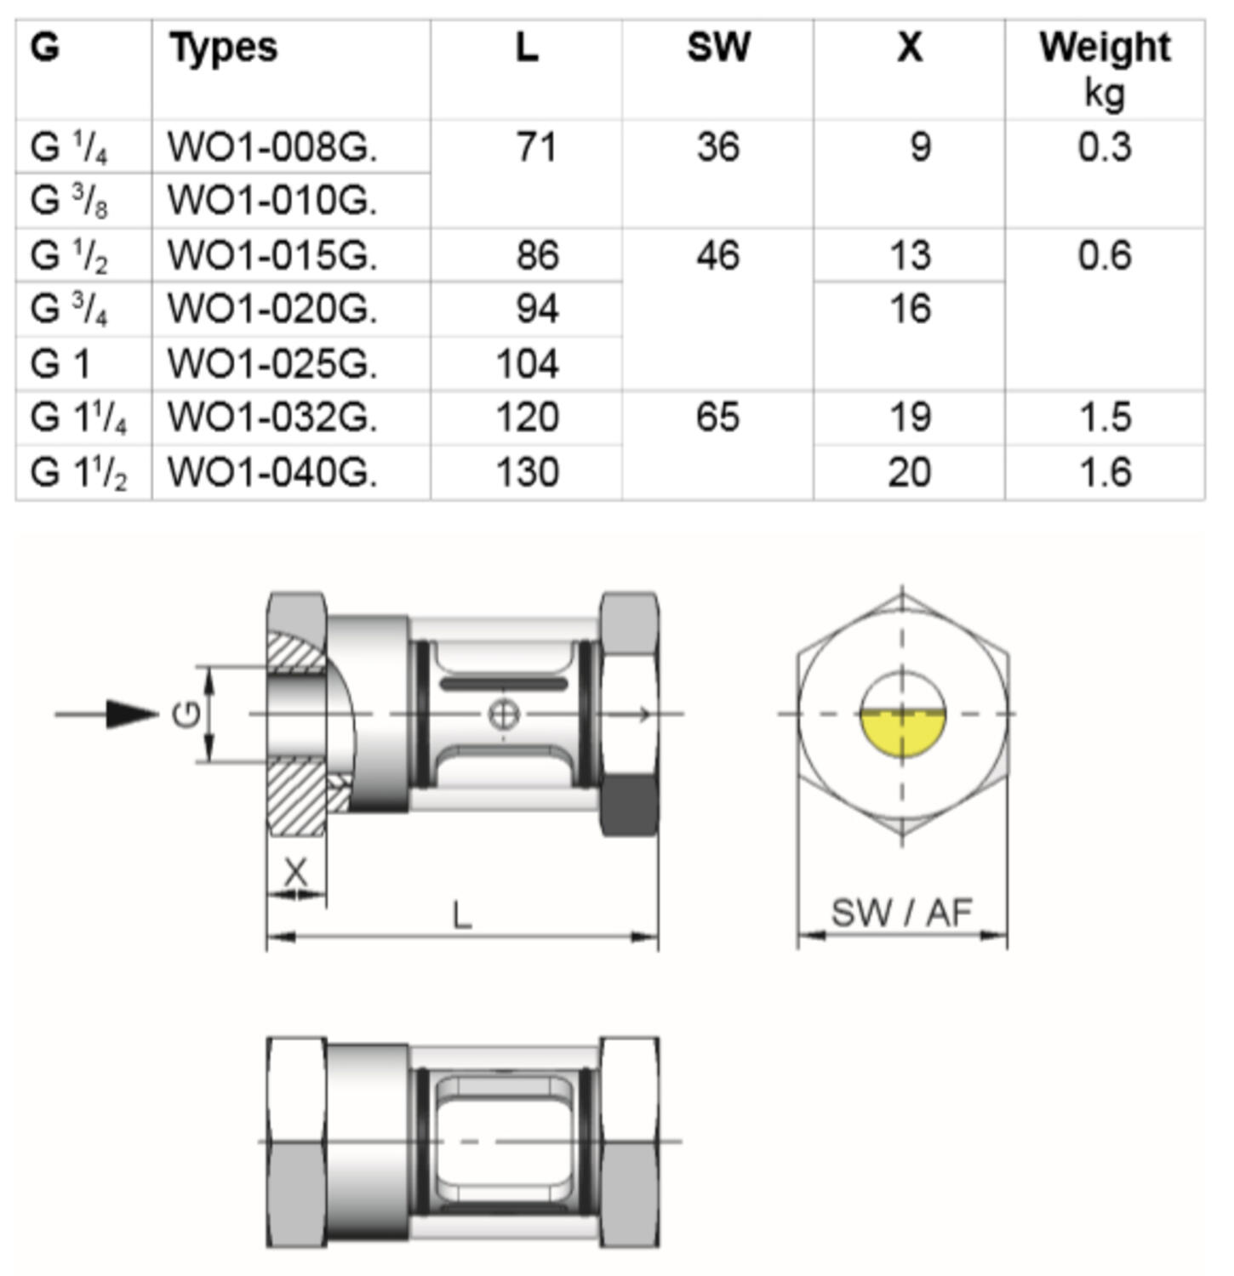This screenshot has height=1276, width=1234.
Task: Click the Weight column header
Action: (1104, 48)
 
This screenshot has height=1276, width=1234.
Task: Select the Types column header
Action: (223, 47)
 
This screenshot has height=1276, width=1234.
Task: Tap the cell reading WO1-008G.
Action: (272, 148)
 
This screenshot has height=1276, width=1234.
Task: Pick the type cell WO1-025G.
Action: (272, 364)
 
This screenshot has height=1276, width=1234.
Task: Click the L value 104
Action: (528, 364)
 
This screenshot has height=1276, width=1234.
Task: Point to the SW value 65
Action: (717, 418)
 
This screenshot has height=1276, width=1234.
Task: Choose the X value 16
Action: (910, 309)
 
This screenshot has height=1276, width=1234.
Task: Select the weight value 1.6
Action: (1104, 472)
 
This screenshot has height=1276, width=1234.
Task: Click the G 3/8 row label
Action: (69, 201)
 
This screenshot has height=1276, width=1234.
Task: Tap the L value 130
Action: (528, 472)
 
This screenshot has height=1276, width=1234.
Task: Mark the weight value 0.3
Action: (1104, 148)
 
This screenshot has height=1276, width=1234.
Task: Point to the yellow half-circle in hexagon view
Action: (902, 733)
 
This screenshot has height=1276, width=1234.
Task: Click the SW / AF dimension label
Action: (901, 913)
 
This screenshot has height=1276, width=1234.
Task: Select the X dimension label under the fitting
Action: (294, 872)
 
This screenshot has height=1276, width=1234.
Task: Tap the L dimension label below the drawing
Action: (461, 916)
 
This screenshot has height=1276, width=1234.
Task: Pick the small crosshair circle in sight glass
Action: (504, 715)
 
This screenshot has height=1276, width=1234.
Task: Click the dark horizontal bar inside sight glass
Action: (504, 683)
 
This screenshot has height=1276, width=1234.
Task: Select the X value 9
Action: (920, 148)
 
